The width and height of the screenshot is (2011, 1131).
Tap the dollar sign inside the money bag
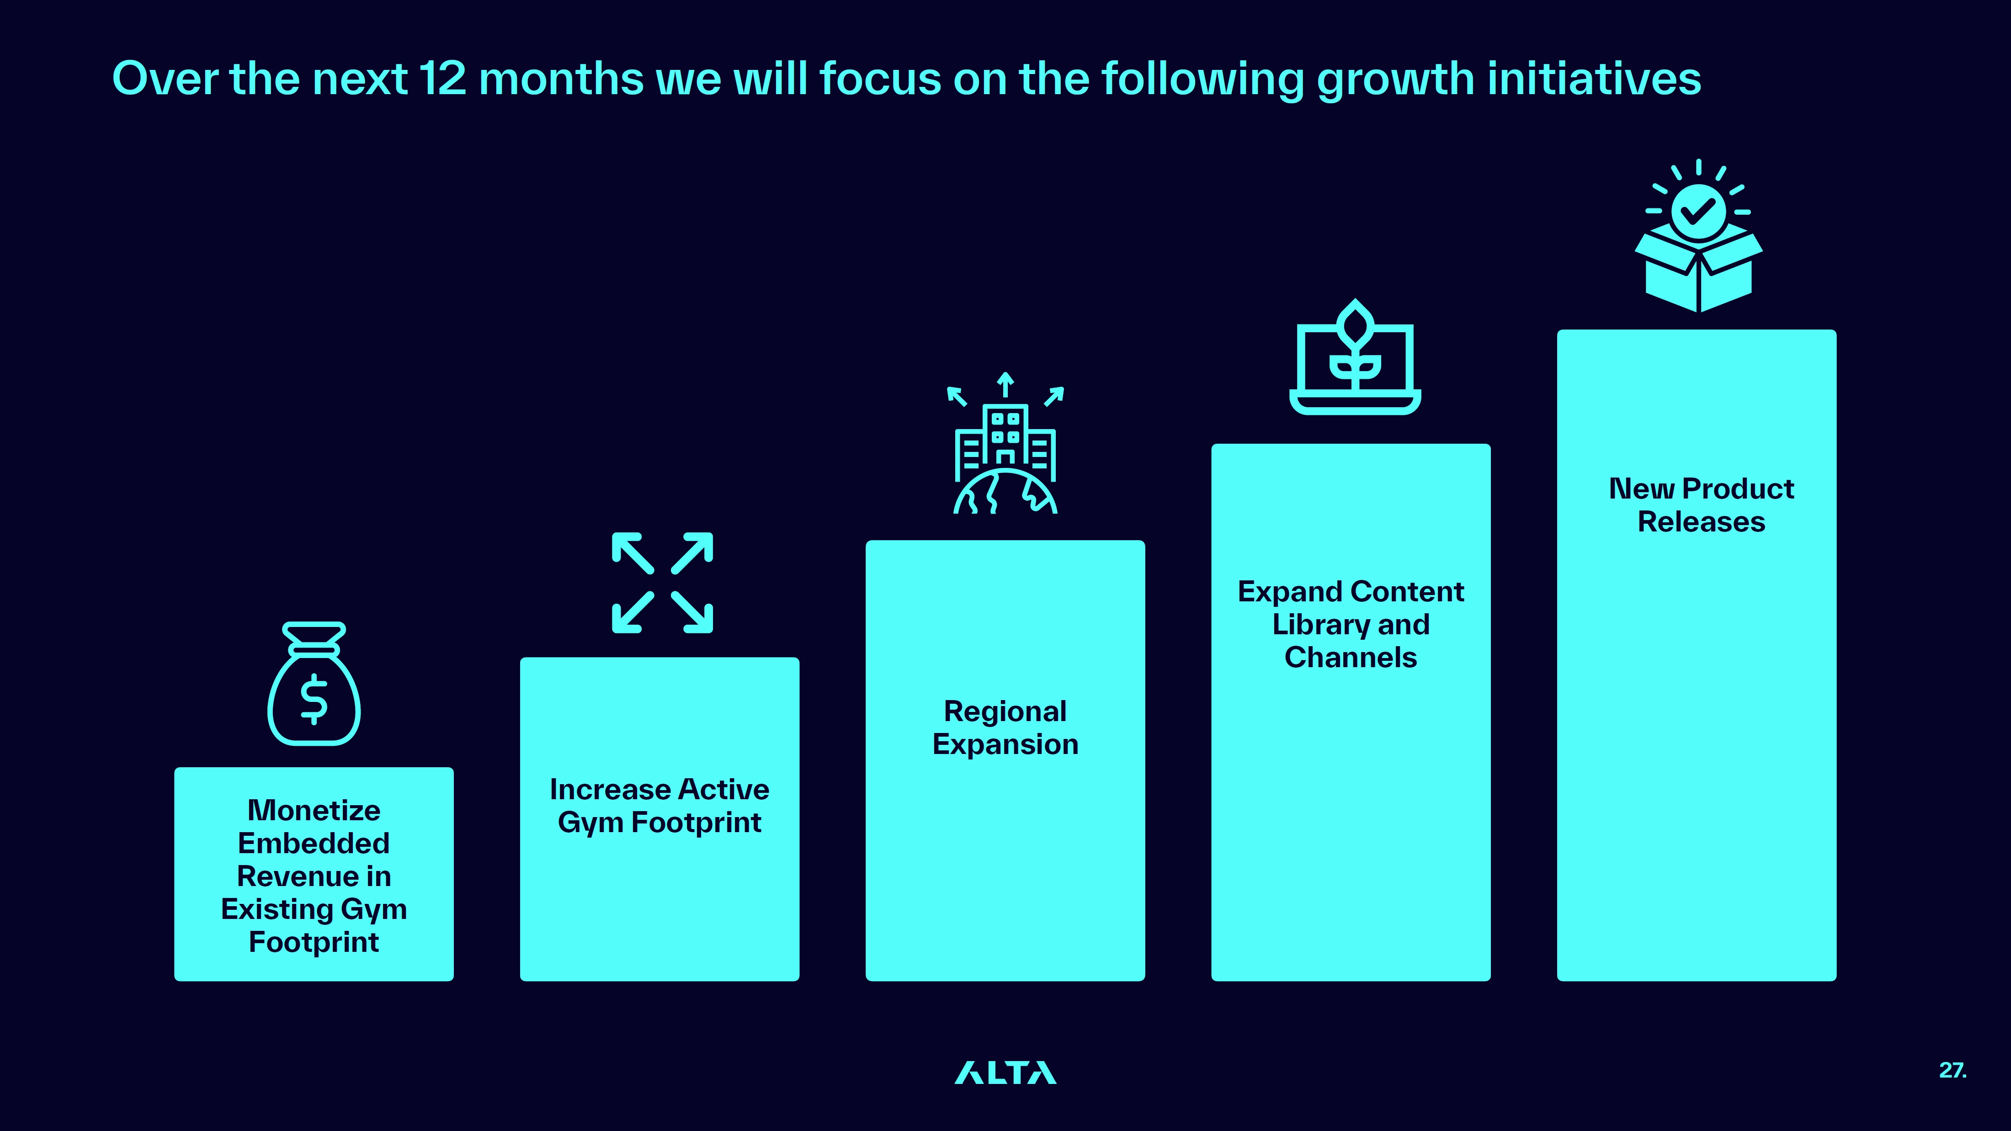(314, 699)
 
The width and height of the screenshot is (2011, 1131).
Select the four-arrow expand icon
(662, 582)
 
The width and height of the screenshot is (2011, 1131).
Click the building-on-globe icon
(1005, 442)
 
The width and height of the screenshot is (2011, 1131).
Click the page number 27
(1952, 1070)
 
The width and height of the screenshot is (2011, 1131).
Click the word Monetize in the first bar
(314, 810)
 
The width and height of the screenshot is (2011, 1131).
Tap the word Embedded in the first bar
(314, 843)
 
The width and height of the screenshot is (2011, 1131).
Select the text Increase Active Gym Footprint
(660, 806)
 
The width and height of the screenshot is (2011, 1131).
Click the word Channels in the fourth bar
(1351, 657)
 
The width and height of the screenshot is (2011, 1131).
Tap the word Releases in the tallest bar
(1701, 521)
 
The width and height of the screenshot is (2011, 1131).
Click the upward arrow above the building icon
(1005, 385)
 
